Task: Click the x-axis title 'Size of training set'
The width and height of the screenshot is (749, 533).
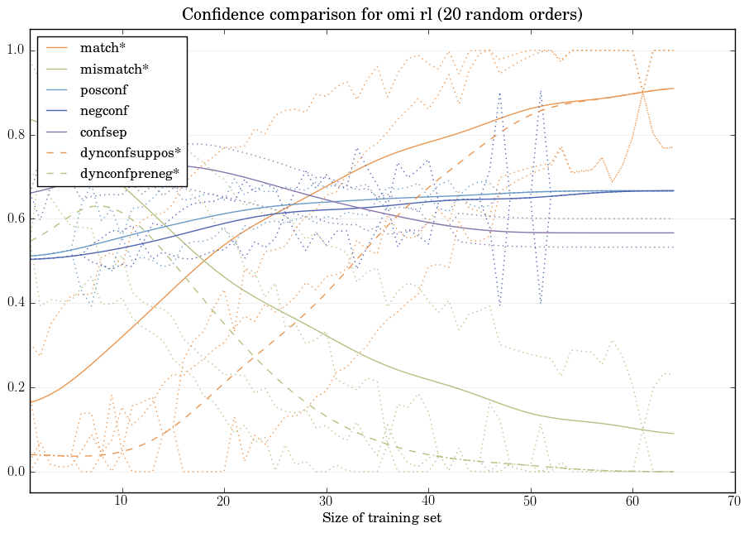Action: [x=381, y=518]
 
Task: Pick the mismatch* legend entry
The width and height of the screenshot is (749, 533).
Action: [x=110, y=69]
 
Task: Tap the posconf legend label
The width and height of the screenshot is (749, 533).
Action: [x=103, y=89]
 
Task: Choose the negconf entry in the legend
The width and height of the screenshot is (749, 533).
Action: [x=103, y=110]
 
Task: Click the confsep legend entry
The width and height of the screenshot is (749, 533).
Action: [x=103, y=131]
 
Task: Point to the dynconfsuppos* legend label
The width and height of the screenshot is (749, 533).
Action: [x=130, y=152]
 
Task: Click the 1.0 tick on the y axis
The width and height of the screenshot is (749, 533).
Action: [x=15, y=50]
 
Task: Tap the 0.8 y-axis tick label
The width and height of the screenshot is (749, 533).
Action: [x=15, y=135]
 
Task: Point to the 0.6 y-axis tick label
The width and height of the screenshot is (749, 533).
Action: [x=15, y=219]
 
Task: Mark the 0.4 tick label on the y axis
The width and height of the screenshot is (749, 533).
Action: [x=15, y=304]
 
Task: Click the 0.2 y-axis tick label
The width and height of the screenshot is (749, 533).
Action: [x=15, y=388]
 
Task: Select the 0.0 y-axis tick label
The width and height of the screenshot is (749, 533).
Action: [x=15, y=473]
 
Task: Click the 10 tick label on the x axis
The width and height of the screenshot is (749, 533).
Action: [x=122, y=502]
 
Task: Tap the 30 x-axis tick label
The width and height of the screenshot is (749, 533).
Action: [x=326, y=502]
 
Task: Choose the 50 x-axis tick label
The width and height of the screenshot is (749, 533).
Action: [x=530, y=502]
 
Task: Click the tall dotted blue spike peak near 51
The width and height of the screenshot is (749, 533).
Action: [x=541, y=91]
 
